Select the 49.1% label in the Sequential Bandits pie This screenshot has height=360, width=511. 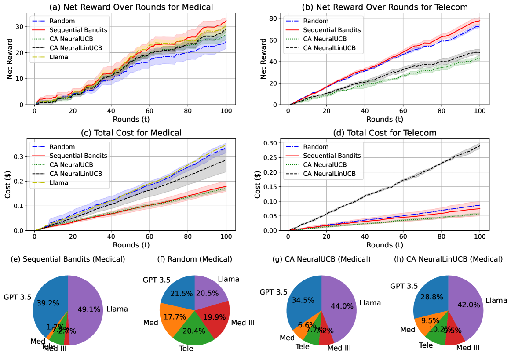tap(88, 309)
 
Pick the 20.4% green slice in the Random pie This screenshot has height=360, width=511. tap(194, 330)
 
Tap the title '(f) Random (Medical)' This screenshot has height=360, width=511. tap(195, 259)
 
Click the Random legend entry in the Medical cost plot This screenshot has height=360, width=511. tap(62, 147)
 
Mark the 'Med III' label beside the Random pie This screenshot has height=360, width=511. tap(242, 323)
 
